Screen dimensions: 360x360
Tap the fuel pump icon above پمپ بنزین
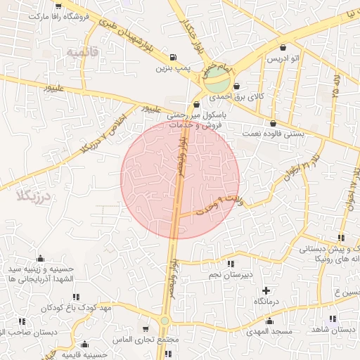point(173,58)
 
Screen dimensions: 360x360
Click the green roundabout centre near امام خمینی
point(217,77)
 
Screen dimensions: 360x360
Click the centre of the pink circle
point(180,179)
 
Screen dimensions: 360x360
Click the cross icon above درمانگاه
point(266,290)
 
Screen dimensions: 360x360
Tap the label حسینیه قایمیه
point(84,355)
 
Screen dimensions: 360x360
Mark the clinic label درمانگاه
point(266,301)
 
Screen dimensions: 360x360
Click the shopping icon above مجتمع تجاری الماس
point(146,328)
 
